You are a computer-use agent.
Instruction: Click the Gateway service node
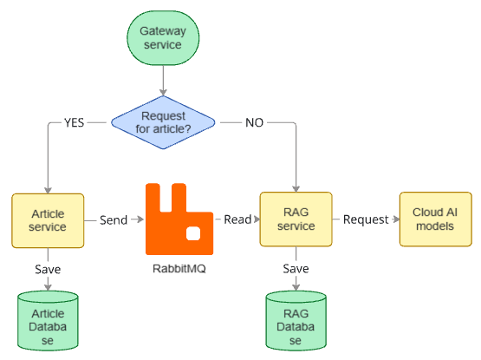coord(163,38)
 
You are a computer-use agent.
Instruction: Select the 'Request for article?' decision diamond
coord(163,122)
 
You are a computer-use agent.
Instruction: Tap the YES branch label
coord(74,122)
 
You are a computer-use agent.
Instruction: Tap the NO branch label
coord(254,122)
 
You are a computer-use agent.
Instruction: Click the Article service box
coord(48,220)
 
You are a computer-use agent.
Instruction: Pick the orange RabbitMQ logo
coord(179,219)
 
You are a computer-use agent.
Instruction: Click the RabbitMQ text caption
coord(179,268)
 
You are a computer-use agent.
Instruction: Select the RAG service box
coord(296,219)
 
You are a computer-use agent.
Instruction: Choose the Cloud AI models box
coord(436,219)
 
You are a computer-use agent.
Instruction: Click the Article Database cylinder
coord(48,321)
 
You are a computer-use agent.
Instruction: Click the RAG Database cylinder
coord(296,321)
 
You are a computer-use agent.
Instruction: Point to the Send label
coord(114,220)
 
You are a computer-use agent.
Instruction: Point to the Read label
coord(237,219)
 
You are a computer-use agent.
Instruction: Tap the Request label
coord(366,219)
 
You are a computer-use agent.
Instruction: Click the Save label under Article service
coord(48,269)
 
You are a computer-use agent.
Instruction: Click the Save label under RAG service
coord(296,268)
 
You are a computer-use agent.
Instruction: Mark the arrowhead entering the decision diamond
coord(163,92)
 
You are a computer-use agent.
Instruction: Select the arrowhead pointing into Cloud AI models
coord(396,219)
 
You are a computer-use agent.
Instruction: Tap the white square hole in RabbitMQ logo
coord(193,233)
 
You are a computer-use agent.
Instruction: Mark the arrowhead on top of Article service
coord(48,190)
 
